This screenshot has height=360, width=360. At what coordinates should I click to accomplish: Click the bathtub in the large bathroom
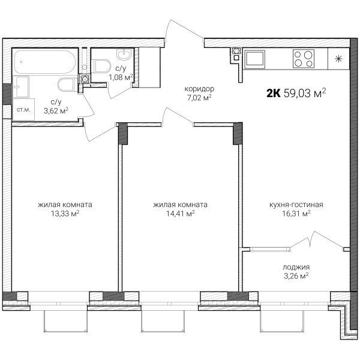click(45, 62)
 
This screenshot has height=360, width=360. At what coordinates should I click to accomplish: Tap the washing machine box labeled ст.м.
click(23, 110)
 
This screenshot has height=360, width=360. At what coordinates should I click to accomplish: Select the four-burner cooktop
click(303, 59)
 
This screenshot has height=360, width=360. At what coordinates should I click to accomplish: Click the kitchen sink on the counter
click(254, 59)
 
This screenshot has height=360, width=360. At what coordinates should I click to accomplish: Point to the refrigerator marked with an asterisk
click(338, 59)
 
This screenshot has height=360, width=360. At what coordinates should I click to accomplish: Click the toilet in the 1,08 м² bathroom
click(101, 65)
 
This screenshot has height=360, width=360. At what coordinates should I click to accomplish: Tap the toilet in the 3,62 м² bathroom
click(67, 85)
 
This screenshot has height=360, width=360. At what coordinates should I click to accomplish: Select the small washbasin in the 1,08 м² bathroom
click(124, 55)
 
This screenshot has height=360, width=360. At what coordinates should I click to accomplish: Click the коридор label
click(199, 89)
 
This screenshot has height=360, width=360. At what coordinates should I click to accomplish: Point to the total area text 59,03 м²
click(305, 93)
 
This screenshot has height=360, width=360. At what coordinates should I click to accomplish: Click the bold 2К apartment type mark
click(274, 94)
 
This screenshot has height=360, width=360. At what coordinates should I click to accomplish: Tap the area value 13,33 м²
click(65, 214)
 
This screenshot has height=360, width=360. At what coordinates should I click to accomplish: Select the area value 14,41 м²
click(181, 214)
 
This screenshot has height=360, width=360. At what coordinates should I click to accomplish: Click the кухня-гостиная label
click(296, 205)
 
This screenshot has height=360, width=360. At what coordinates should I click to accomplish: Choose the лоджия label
click(296, 267)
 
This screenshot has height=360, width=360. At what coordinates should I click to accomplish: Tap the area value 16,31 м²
click(296, 214)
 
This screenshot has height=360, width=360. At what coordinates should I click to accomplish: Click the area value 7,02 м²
click(199, 98)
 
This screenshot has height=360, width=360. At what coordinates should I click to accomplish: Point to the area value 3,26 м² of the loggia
click(296, 276)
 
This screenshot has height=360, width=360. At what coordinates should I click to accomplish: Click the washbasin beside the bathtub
click(21, 86)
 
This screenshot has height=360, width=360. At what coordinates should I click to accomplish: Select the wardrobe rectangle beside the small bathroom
click(149, 67)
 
